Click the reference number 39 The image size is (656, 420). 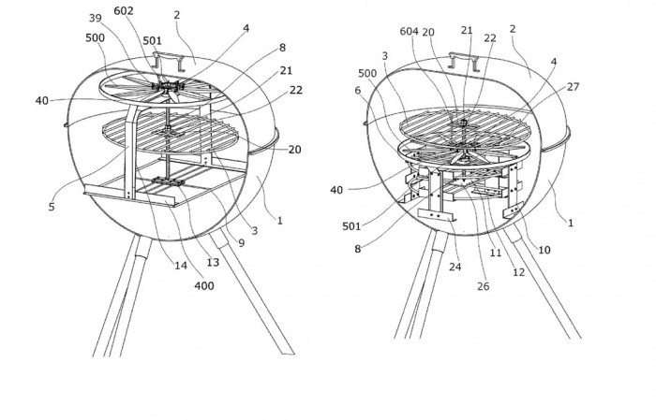[96, 19]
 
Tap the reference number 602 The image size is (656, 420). [124, 11]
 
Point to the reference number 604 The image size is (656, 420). [409, 31]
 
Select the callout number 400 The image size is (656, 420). [204, 286]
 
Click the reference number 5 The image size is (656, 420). [52, 207]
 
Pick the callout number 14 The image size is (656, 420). [181, 265]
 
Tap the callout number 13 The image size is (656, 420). [213, 262]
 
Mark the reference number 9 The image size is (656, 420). [242, 243]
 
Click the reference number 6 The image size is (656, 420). [358, 91]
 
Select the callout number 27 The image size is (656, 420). [574, 86]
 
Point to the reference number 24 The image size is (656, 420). [455, 267]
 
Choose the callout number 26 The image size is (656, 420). [483, 286]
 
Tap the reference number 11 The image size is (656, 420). [496, 253]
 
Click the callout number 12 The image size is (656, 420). [518, 272]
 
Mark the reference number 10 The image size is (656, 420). [544, 250]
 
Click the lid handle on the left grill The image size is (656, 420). [169, 61]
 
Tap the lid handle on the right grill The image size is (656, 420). [464, 62]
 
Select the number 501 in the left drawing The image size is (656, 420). [152, 40]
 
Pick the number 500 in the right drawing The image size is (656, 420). [367, 73]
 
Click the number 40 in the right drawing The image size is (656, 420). [336, 190]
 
